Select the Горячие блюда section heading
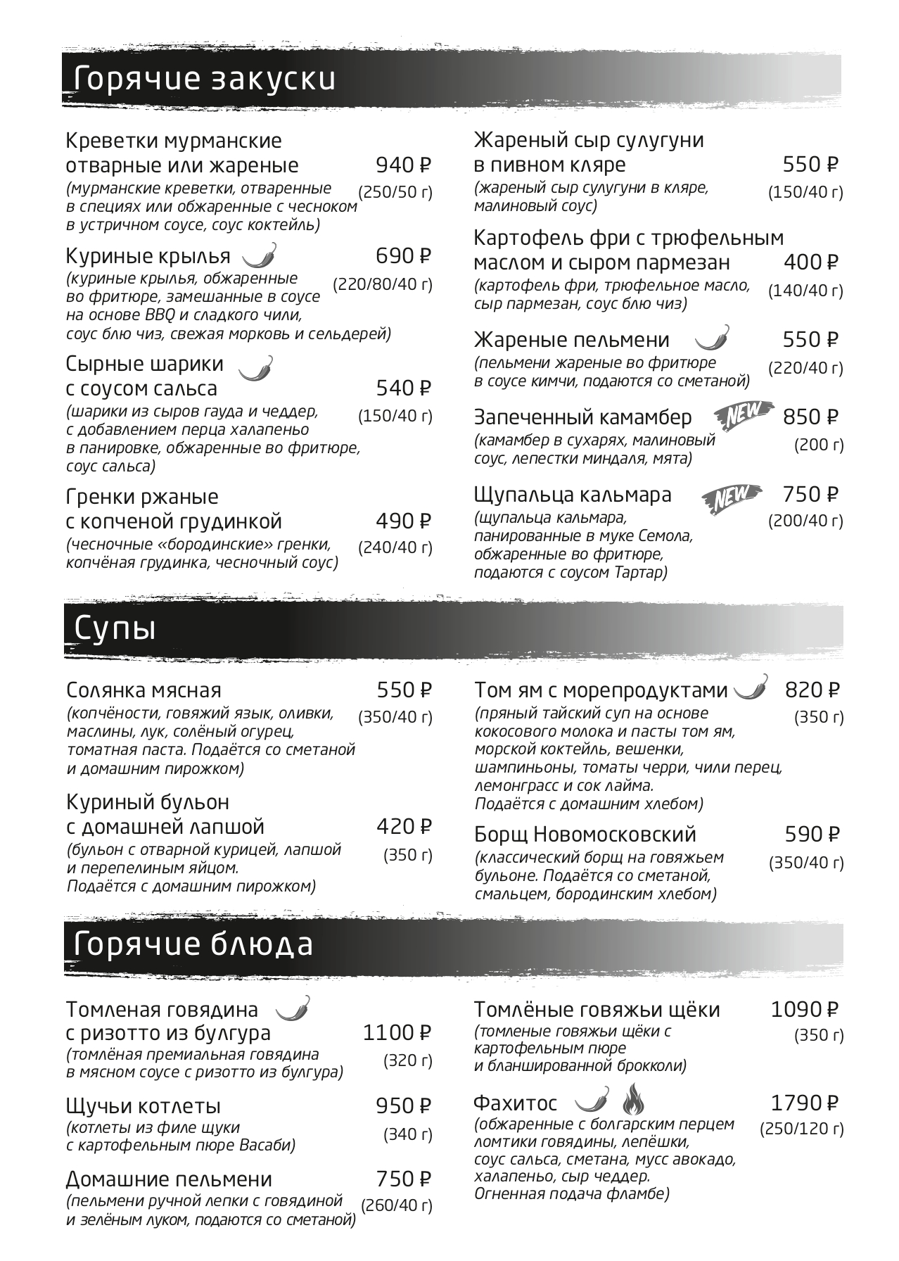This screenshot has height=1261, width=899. [193, 944]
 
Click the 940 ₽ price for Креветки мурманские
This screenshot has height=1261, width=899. [403, 165]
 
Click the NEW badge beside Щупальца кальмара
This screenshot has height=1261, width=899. [732, 498]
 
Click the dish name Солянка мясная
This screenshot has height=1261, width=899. [144, 690]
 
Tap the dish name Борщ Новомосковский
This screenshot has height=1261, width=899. [585, 835]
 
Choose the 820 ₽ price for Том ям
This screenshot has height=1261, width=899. [812, 690]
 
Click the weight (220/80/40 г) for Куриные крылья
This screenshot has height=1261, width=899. [383, 284]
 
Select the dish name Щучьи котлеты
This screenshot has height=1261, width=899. [144, 1106]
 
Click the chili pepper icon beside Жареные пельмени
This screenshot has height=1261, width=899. [713, 338]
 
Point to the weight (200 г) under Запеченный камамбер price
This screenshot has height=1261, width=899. [818, 445]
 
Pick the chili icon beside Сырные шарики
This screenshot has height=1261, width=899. [256, 368]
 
